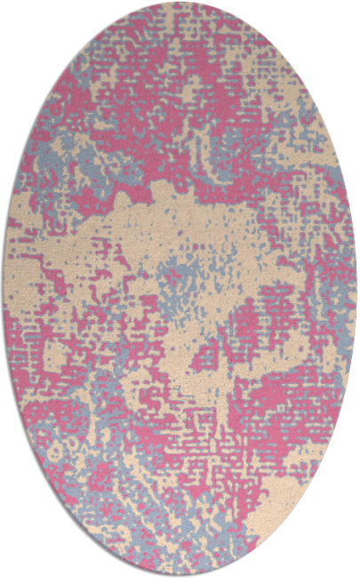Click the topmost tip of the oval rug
pyautogui.click(x=180, y=3)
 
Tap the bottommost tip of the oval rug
pyautogui.click(x=180, y=575)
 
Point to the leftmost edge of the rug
pyautogui.click(x=3, y=289)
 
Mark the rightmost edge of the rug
pyautogui.click(x=356, y=289)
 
